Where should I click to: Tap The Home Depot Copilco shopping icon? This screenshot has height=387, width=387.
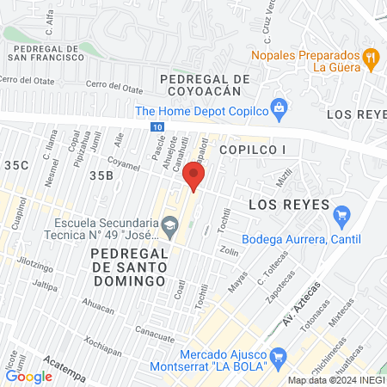click(278, 109)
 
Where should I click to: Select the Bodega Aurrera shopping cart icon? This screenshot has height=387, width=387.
click(341, 214)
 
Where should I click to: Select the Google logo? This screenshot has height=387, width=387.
click(29, 376)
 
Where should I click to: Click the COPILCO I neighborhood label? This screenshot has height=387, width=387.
click(251, 150)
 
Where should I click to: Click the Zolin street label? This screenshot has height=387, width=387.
click(229, 251)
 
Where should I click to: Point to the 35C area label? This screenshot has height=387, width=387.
click(15, 164)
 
